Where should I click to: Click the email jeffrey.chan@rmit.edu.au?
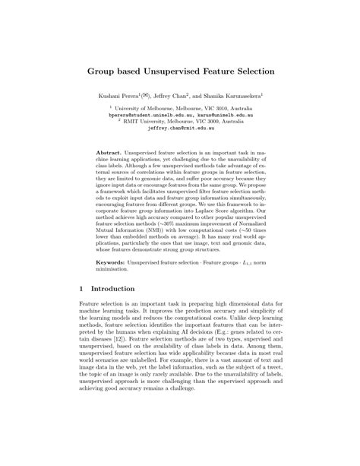pyautogui.click(x=179, y=130)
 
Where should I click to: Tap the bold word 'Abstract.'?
pyautogui.click(x=110, y=152)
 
